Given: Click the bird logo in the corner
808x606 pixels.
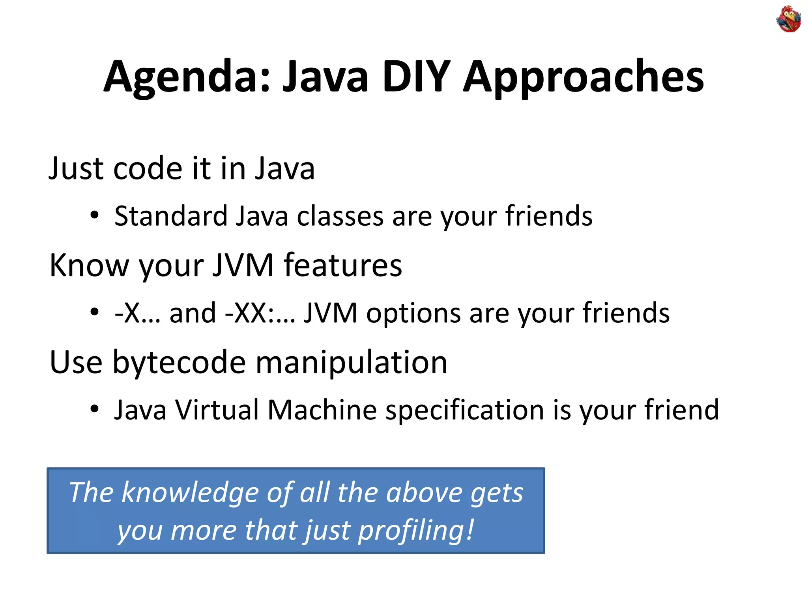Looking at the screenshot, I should point(788,19).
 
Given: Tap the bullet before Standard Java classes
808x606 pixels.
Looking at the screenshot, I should point(94,215).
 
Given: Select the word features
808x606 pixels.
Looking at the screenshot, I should point(342,265).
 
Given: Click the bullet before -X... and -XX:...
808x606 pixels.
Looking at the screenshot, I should point(94,312).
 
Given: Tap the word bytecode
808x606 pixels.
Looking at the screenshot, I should point(179,362).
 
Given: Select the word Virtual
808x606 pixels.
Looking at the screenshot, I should point(217,410).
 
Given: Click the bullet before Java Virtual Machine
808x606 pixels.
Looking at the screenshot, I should point(94,409).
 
